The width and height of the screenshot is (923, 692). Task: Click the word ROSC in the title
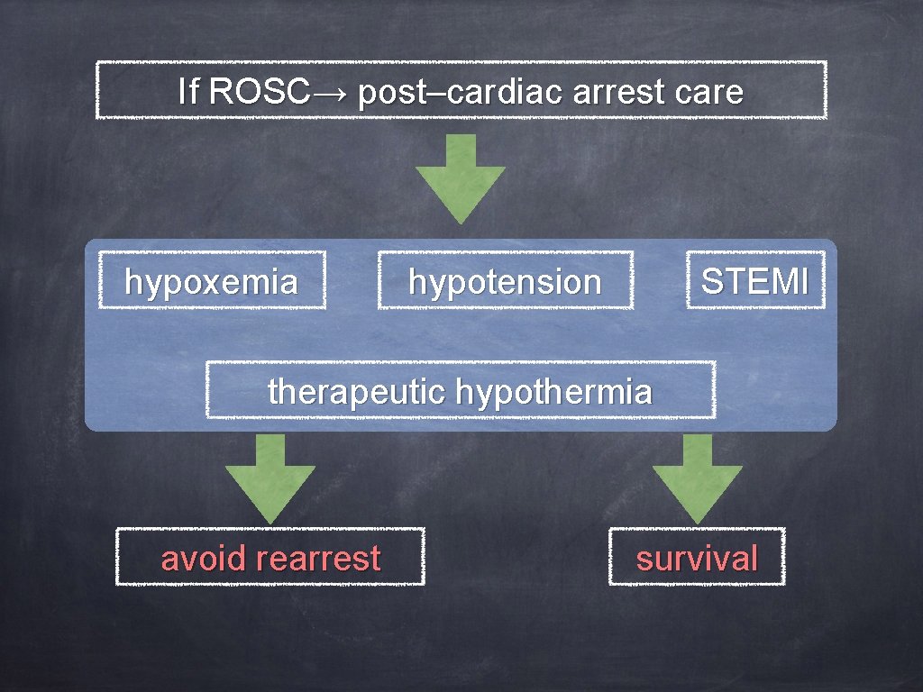click(x=259, y=92)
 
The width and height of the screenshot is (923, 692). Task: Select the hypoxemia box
click(x=211, y=282)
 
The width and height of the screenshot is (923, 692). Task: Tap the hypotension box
click(x=505, y=282)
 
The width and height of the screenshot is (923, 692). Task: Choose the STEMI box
click(x=755, y=282)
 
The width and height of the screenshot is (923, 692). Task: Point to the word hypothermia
click(x=553, y=393)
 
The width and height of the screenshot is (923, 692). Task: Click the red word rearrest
click(x=318, y=559)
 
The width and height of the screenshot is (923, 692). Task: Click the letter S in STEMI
click(x=711, y=282)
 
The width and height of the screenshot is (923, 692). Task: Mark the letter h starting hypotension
click(x=416, y=282)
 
